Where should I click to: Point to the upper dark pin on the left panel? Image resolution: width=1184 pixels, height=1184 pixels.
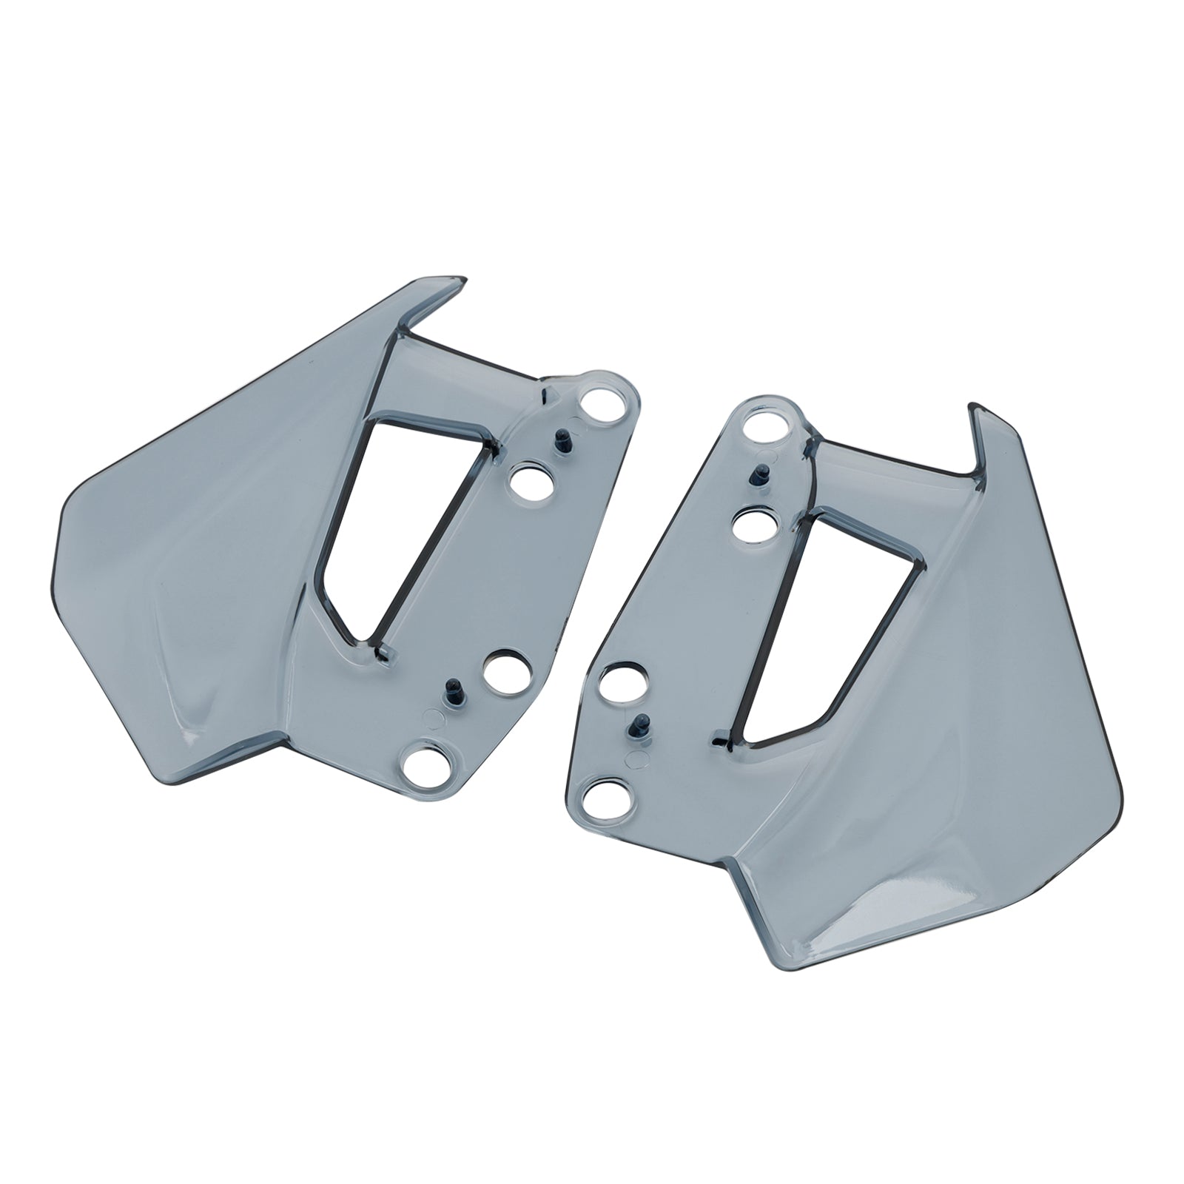(x=561, y=438)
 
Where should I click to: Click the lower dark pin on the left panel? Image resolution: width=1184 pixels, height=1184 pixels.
(x=451, y=693)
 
